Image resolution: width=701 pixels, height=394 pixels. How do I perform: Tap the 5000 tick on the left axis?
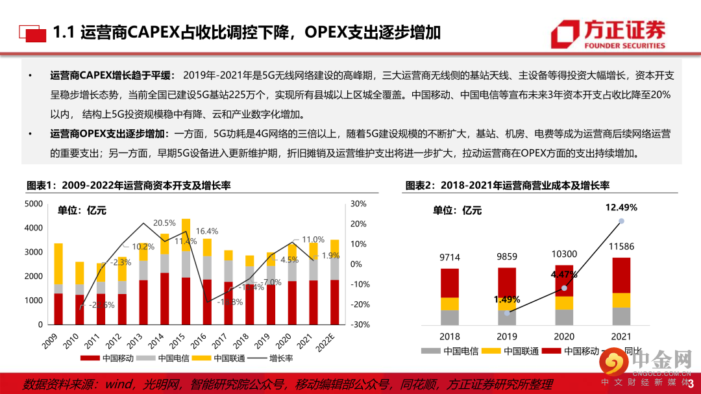[x=34, y=204]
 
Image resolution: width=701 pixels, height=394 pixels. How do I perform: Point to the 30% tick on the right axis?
[x=359, y=204]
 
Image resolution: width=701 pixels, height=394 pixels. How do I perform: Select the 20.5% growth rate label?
[x=164, y=223]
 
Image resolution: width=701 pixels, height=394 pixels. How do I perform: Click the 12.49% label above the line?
[x=621, y=208]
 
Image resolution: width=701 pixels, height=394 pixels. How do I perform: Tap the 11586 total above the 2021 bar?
[x=621, y=248]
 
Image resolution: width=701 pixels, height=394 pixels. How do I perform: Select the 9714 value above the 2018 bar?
[x=449, y=258]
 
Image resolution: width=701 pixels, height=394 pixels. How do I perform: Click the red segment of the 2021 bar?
[x=621, y=275]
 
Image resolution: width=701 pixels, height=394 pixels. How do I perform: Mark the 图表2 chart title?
[x=507, y=186]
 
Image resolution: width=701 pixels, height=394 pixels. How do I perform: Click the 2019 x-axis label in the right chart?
[x=506, y=336]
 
